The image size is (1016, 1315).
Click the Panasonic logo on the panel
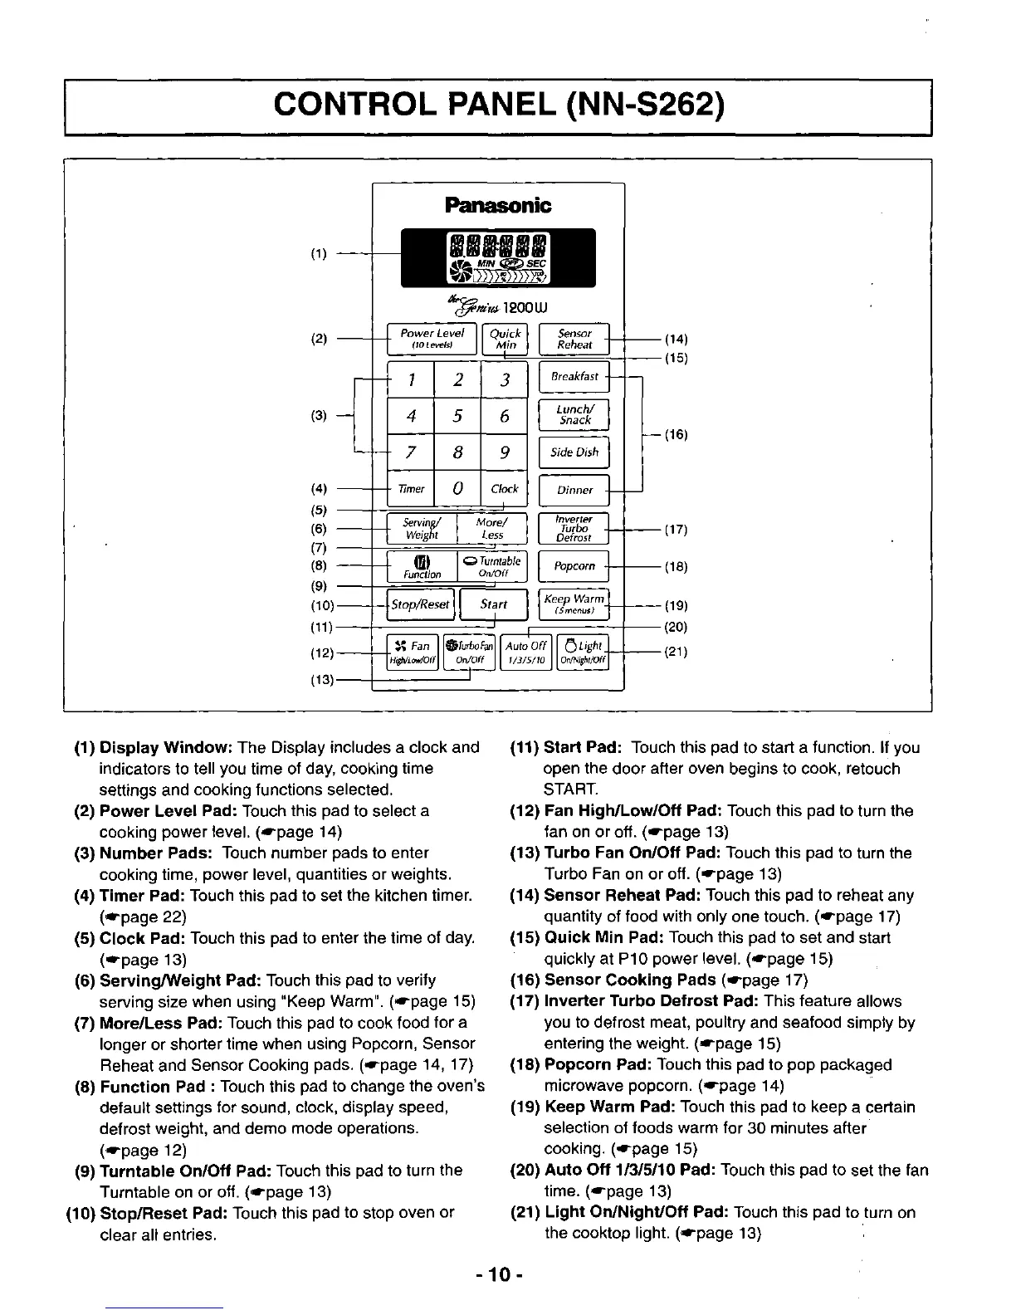(x=498, y=205)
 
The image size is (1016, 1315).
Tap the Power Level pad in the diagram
(x=432, y=339)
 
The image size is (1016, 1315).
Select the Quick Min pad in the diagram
(x=504, y=339)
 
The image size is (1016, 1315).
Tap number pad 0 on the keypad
(x=457, y=489)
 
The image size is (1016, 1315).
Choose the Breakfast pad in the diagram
(x=574, y=376)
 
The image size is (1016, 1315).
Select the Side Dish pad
(x=574, y=452)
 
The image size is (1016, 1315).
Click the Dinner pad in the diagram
(x=574, y=490)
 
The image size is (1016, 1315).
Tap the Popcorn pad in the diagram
(x=574, y=566)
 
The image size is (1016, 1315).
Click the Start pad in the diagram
(x=494, y=604)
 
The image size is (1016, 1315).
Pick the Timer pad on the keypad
(x=411, y=489)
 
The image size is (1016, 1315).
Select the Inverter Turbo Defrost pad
(x=574, y=528)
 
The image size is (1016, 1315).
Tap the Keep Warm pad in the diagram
(x=574, y=604)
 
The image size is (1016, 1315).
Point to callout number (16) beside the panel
(x=677, y=434)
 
